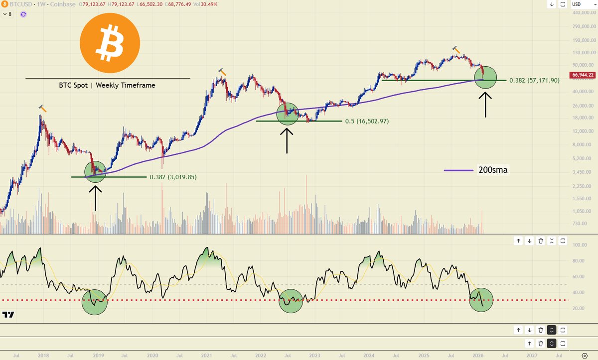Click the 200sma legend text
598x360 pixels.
pos(493,170)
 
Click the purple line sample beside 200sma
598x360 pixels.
pos(458,170)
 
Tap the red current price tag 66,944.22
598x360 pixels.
pos(583,75)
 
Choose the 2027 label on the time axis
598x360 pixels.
pos(532,356)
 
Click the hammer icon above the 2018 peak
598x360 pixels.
pos(43,108)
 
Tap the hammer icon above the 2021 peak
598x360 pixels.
pos(222,73)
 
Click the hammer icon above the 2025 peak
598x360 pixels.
pos(456,49)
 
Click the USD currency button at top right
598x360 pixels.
pos(578,4)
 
